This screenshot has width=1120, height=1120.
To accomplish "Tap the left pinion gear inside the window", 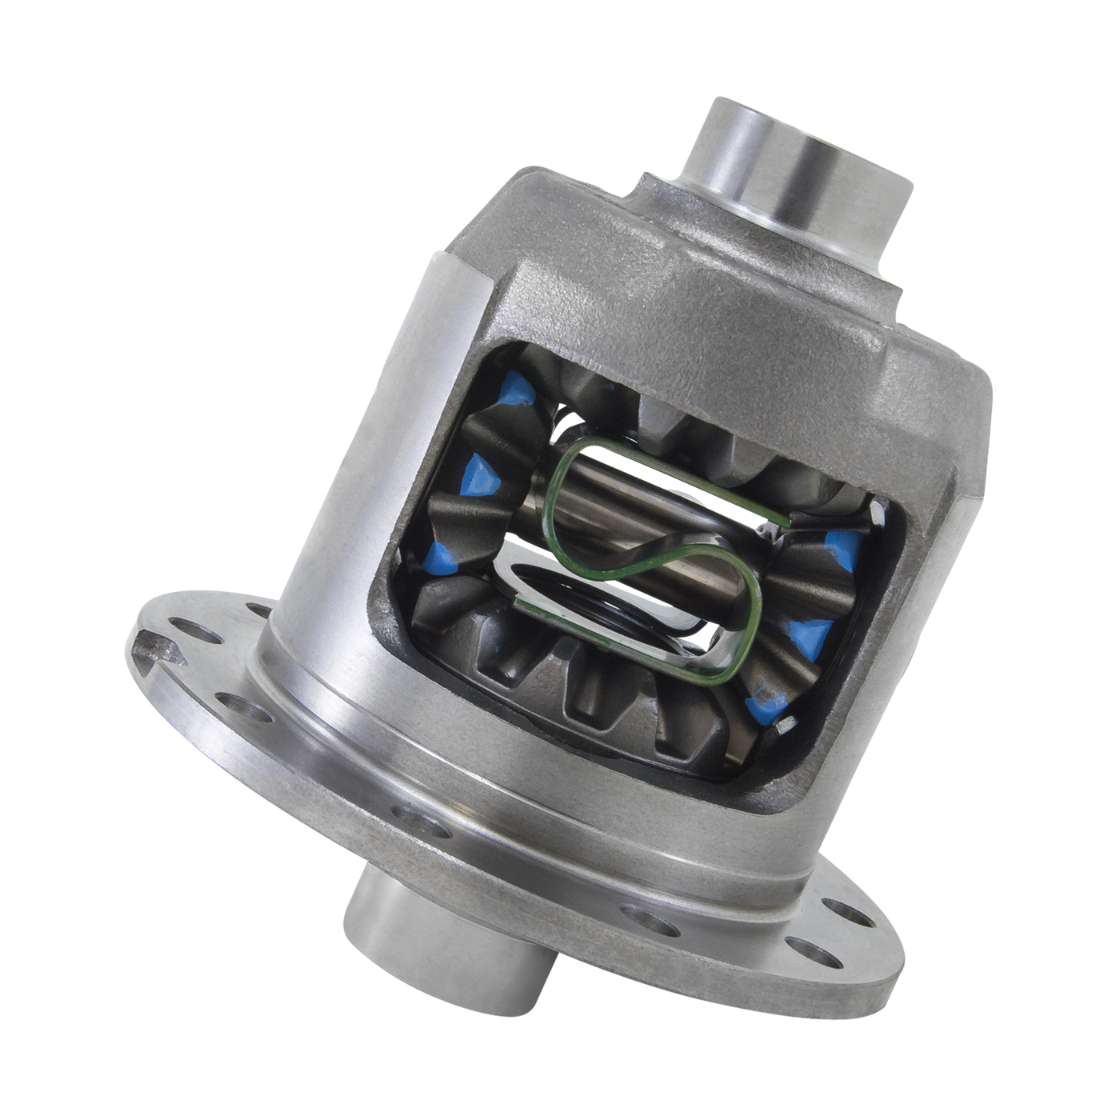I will (x=472, y=512).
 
